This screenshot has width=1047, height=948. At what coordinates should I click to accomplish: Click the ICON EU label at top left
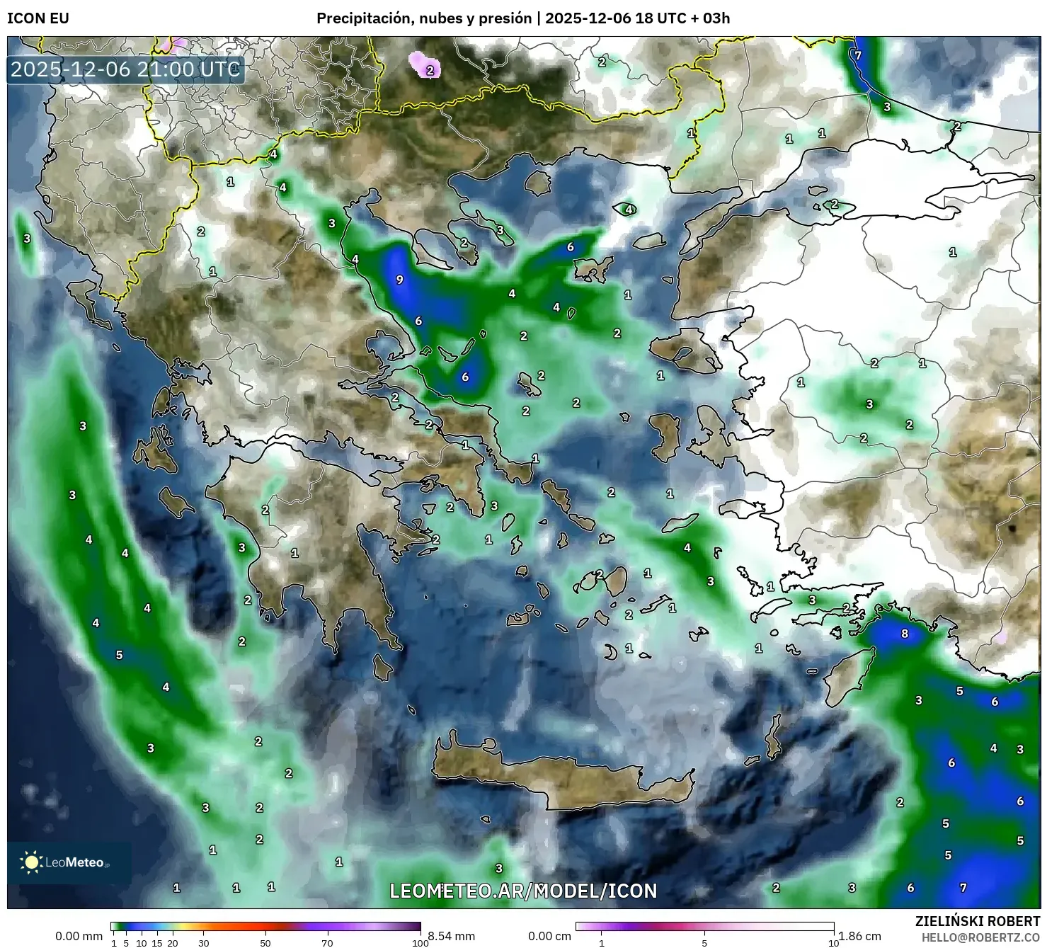point(38,18)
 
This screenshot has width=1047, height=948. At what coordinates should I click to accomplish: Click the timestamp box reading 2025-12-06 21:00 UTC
point(126,69)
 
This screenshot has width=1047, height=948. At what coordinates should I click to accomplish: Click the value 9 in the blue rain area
point(399,280)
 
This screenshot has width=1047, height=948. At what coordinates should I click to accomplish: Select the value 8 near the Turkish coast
point(904,634)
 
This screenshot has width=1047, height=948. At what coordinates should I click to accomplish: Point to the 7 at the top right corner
point(857,55)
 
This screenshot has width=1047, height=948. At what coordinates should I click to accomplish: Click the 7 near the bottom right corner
point(963,888)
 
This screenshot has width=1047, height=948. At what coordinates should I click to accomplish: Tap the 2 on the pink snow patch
point(430,71)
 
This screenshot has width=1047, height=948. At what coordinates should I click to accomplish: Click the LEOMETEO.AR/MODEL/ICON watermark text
point(523,891)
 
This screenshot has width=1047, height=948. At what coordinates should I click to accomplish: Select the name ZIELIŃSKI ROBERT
point(978,922)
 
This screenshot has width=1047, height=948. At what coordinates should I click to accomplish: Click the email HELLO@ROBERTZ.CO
point(980,937)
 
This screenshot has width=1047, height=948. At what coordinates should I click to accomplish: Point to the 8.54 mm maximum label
point(451,936)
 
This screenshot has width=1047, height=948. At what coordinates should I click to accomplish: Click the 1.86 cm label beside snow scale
point(864,936)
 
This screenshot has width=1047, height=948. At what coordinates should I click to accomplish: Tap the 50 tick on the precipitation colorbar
point(265,942)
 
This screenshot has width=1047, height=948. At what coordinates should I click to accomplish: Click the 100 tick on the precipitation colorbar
point(420,942)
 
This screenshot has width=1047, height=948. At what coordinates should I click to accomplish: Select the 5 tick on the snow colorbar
point(704,942)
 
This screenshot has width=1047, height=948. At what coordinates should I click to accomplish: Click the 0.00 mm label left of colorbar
point(79,936)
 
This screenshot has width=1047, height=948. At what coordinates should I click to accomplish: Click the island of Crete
point(559,775)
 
